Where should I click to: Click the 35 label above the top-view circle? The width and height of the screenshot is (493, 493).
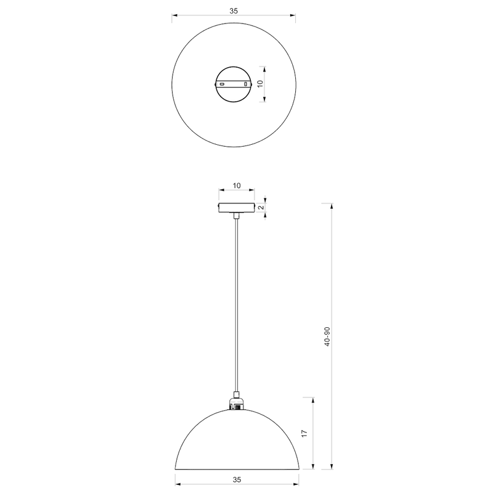point(233,10)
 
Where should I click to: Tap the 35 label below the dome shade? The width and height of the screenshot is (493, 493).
point(237,479)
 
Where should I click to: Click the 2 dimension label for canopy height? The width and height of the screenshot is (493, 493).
point(261,207)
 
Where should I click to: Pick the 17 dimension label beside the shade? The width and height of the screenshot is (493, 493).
point(304,433)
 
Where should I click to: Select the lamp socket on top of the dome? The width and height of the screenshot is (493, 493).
point(236,404)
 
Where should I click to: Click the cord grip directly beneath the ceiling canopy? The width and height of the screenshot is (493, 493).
point(236,216)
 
